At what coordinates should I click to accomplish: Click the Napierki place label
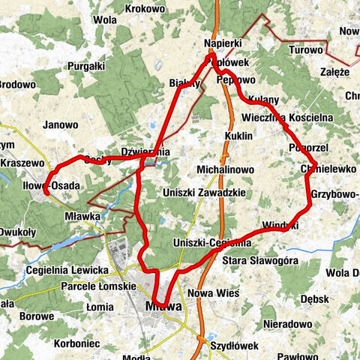(x=222, y=44)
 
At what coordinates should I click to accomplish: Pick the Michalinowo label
(x=226, y=170)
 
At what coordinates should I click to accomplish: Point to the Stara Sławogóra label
(x=260, y=260)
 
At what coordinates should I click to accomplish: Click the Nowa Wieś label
(x=212, y=293)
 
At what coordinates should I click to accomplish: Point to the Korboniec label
(x=78, y=343)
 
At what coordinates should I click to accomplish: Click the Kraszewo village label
(x=22, y=163)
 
